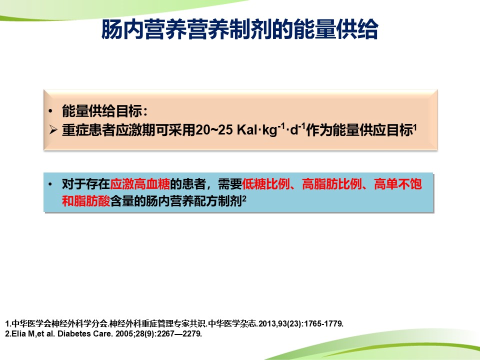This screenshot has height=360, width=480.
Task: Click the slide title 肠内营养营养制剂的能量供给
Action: pyautogui.click(x=239, y=29)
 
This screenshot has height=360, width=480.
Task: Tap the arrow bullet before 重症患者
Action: pyautogui.click(x=53, y=130)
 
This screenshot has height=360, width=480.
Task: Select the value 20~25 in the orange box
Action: pyautogui.click(x=214, y=130)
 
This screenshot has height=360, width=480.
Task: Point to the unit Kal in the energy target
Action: pyautogui.click(x=247, y=130)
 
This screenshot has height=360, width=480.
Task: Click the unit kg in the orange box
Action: pyautogui.click(x=269, y=130)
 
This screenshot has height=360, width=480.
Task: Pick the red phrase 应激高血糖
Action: pyautogui.click(x=140, y=184)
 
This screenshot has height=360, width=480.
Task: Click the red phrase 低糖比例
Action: pyautogui.click(x=265, y=184)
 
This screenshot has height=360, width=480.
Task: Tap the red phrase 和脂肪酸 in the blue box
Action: pyautogui.click(x=86, y=201)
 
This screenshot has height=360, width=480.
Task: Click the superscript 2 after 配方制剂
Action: pyautogui.click(x=244, y=198)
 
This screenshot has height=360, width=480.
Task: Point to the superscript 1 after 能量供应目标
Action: pyautogui.click(x=415, y=127)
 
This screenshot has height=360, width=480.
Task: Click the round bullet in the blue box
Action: pyautogui.click(x=50, y=184)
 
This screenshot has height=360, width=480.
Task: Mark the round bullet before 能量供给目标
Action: pyautogui.click(x=50, y=111)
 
